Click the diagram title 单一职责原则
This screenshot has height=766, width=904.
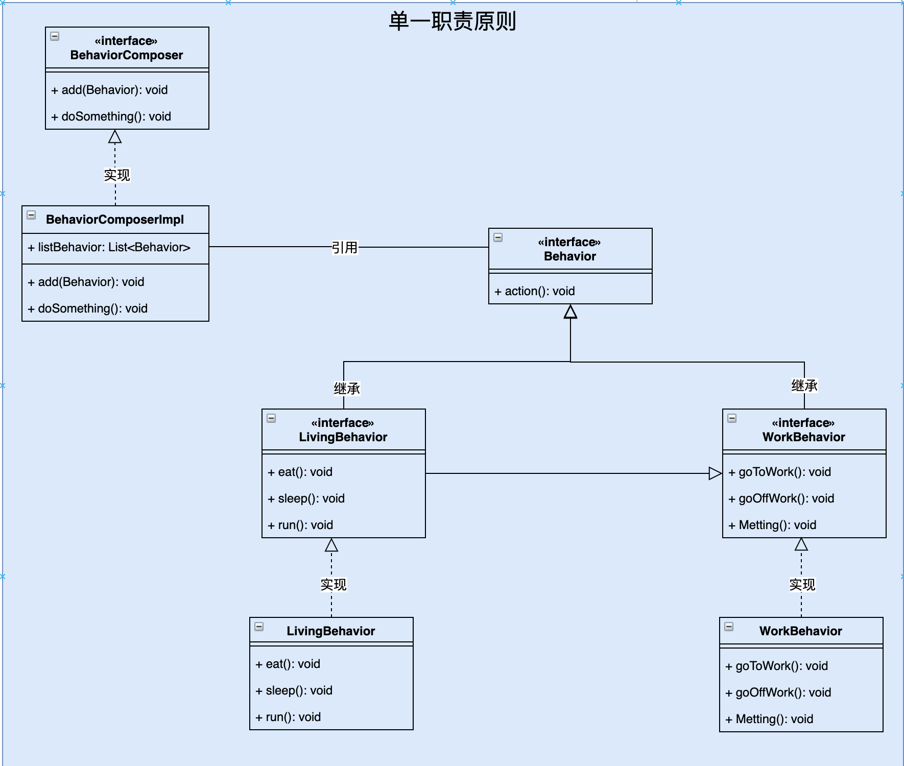(x=452, y=21)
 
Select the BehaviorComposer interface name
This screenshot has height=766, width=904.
(x=126, y=55)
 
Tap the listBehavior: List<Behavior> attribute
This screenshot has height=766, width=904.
(x=109, y=248)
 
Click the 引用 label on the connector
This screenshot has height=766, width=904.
(x=345, y=248)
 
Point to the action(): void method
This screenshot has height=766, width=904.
(x=535, y=291)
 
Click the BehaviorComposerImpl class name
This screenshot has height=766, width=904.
(x=115, y=220)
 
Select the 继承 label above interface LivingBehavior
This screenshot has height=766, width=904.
(x=347, y=389)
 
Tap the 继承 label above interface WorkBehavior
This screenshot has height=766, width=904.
(x=804, y=386)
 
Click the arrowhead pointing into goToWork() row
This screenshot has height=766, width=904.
(x=715, y=473)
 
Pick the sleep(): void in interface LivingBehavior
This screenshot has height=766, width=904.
(x=306, y=498)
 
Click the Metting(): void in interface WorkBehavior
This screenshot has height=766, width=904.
(x=772, y=525)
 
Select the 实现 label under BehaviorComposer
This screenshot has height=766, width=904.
(x=117, y=175)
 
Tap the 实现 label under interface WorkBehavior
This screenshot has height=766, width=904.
(x=802, y=584)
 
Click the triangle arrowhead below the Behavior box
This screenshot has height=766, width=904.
(x=570, y=312)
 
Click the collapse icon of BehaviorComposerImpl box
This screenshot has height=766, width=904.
(x=31, y=215)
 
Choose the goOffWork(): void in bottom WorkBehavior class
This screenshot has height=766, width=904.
(x=778, y=692)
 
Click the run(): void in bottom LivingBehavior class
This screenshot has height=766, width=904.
(x=289, y=717)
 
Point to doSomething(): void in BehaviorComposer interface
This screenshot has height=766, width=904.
(x=111, y=116)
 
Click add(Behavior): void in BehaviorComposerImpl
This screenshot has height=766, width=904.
(x=86, y=282)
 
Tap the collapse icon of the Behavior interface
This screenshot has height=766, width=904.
(x=498, y=237)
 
